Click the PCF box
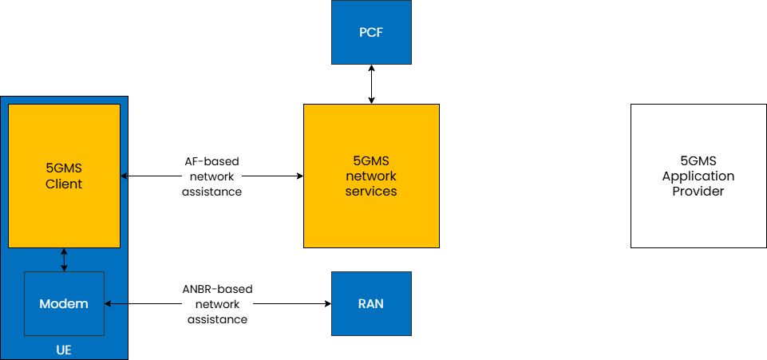point(371,32)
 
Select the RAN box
point(371,303)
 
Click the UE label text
point(64,350)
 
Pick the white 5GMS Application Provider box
point(698,176)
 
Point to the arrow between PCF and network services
point(371,84)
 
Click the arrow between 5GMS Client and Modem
point(64,259)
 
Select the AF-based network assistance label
point(212,176)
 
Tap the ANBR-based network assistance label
point(217,304)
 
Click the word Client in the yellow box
point(64,184)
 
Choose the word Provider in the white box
point(698,192)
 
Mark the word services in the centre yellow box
point(371,192)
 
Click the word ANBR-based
point(217,289)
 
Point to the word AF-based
point(212,161)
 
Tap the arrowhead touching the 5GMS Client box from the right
point(125,176)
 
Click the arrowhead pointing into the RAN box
point(327,303)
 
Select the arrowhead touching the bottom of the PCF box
point(371,69)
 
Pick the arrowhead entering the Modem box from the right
point(109,303)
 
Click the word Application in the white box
point(698,176)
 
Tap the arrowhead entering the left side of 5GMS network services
point(299,176)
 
